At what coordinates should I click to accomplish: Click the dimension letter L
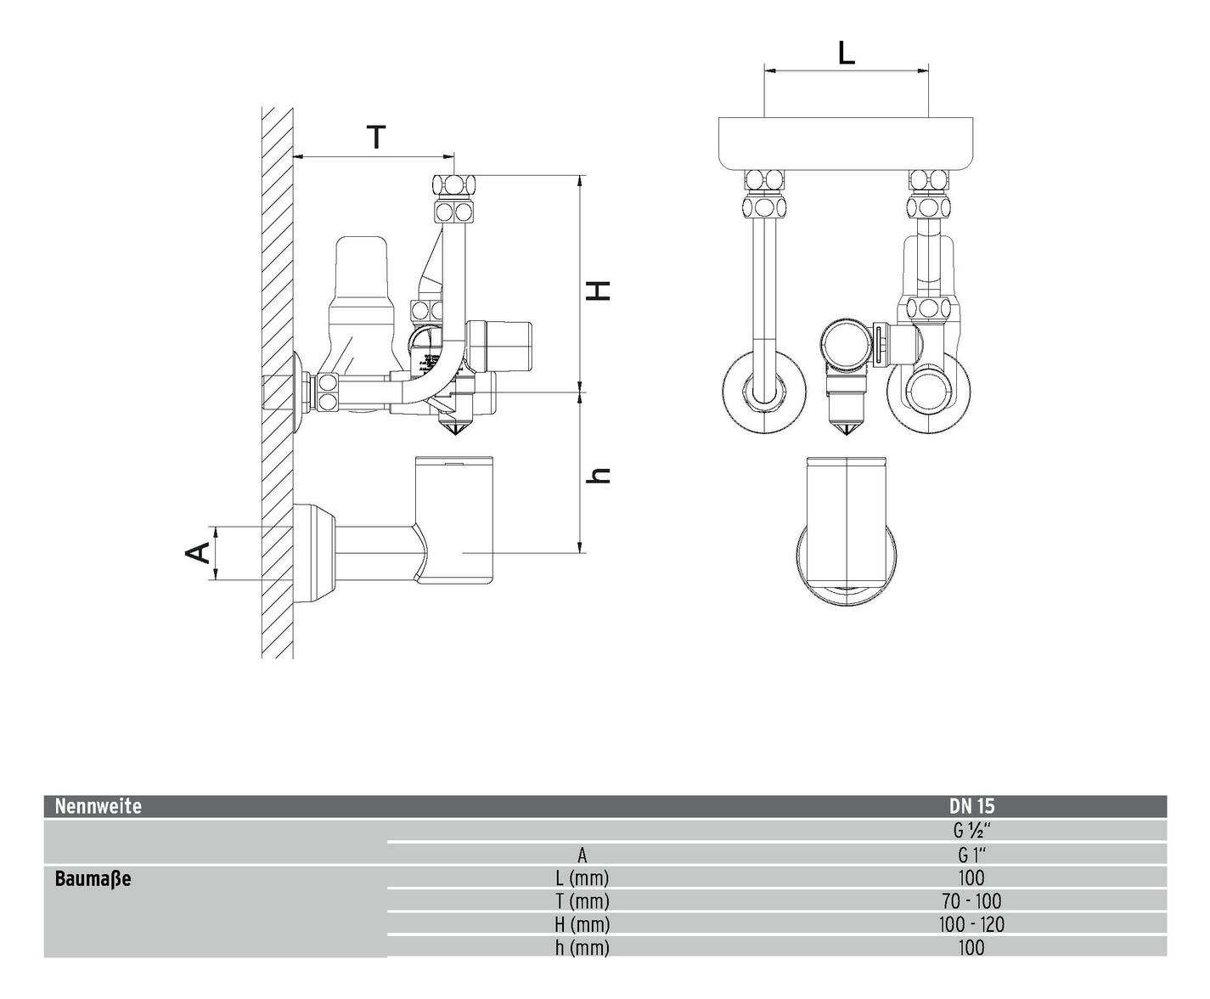pos(846,53)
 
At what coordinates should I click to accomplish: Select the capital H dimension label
pos(599,290)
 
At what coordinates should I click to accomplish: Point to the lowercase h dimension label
pos(599,476)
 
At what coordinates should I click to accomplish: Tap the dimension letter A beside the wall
pos(198,552)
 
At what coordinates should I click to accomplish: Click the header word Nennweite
pos(98,806)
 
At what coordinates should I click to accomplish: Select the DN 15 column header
pos(971,806)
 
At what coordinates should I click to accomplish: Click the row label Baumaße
pos(93,878)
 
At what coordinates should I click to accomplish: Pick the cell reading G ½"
pos(971,830)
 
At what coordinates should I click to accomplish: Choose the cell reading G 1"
pos(971,855)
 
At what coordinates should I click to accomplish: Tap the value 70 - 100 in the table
pos(971,901)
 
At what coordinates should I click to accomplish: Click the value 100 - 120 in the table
pos(971,924)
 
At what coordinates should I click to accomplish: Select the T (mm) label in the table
pos(582,901)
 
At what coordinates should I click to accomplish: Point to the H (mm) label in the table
pos(582,924)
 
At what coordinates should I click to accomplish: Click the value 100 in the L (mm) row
pos(971,878)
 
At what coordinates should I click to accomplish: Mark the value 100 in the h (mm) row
pos(971,947)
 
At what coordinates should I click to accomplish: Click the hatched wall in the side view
pos(277,255)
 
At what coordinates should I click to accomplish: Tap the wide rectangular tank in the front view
pos(846,143)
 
